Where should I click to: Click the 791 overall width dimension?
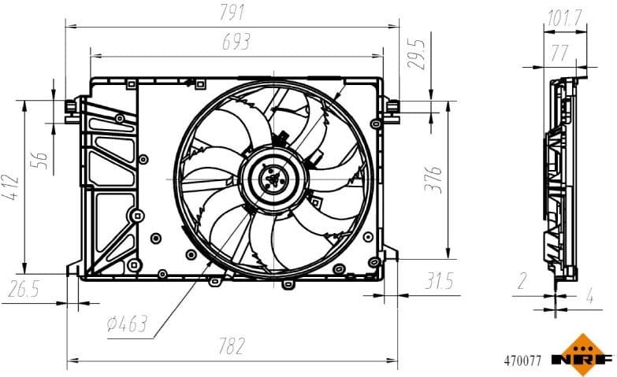(x=233, y=13)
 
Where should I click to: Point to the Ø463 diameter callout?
(x=127, y=323)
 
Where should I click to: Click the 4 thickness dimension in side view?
(x=589, y=298)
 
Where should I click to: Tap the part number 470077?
(x=522, y=362)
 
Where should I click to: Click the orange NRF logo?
(x=582, y=354)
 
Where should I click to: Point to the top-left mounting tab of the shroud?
(x=72, y=105)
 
